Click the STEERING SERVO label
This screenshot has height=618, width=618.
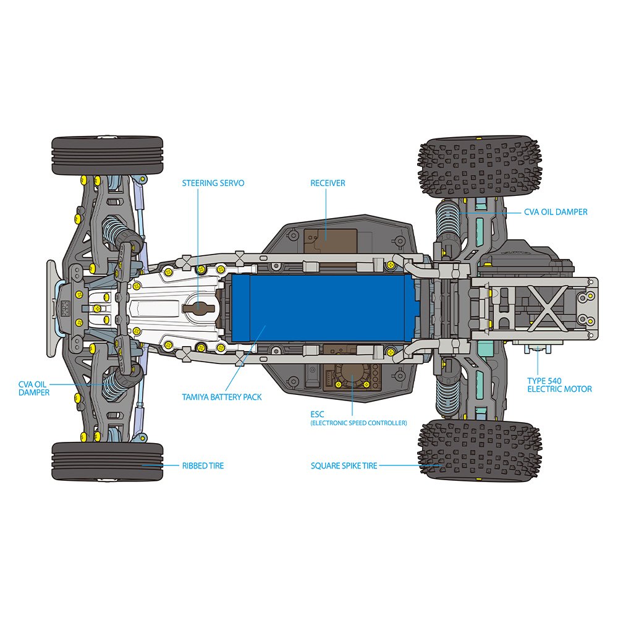[x=213, y=184]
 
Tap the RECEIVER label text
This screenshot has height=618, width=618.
[x=328, y=184]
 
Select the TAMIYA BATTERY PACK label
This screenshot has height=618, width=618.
[x=222, y=397]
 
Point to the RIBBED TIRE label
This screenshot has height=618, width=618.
[x=203, y=465]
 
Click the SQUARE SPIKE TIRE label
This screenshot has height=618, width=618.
[x=344, y=465]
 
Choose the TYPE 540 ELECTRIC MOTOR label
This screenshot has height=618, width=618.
[x=559, y=385]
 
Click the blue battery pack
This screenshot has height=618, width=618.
[x=324, y=308]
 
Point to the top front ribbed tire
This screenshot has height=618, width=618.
[x=108, y=156]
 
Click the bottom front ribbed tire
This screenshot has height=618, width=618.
[x=108, y=461]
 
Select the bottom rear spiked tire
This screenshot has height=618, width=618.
[x=480, y=451]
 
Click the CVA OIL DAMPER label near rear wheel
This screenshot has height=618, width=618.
[x=555, y=212]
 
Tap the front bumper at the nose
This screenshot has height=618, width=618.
[x=54, y=307]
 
